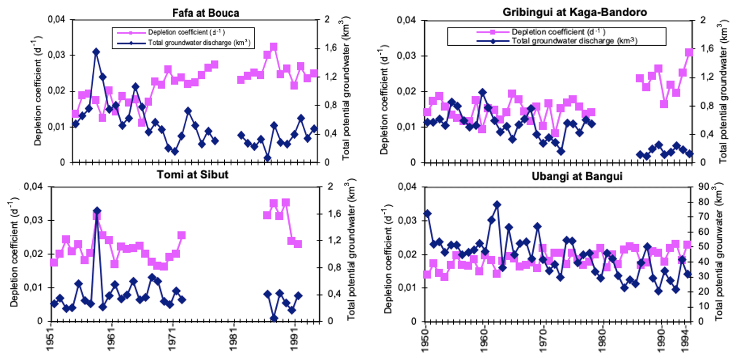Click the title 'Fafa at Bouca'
(x=205, y=13)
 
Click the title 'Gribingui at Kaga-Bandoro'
(x=574, y=12)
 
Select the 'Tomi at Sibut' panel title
(x=192, y=175)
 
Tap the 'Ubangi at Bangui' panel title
(x=577, y=177)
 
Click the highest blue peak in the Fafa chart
(x=96, y=52)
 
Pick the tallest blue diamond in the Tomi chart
(x=97, y=211)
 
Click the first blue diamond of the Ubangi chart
(x=427, y=213)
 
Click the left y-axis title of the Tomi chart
(x=14, y=252)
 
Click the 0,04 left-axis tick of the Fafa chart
(x=56, y=19)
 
